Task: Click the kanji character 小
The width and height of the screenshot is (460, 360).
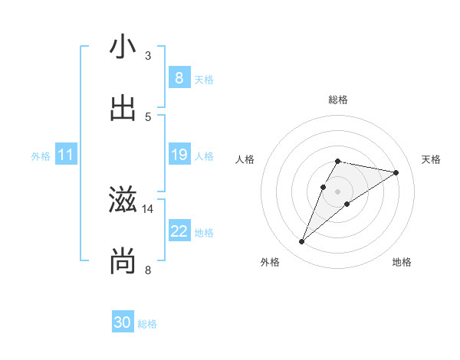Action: tap(123, 47)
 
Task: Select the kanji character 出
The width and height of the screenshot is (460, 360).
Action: tap(123, 109)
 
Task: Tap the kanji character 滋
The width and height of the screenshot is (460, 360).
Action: tap(123, 201)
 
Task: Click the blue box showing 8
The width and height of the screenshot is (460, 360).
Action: tap(179, 78)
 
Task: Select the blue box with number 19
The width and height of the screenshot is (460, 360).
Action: tap(179, 155)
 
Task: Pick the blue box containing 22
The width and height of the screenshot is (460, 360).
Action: tap(179, 232)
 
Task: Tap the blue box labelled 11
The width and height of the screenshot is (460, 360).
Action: tap(65, 155)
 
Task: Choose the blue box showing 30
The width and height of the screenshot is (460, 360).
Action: tap(123, 323)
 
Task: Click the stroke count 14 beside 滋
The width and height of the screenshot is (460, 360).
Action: tap(149, 208)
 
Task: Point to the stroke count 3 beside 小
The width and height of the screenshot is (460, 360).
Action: tap(148, 55)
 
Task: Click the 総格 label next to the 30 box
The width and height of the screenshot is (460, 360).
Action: tap(147, 324)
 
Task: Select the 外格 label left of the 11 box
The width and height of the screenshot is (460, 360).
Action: tap(41, 156)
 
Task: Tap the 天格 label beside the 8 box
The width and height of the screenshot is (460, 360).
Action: tap(204, 79)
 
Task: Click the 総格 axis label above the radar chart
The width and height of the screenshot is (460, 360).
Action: tap(338, 100)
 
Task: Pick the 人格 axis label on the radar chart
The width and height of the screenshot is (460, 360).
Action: tap(245, 159)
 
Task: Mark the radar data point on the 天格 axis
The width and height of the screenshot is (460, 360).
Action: tap(396, 172)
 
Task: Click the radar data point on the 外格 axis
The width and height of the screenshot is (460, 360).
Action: tap(302, 242)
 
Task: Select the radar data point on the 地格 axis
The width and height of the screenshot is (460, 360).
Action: tap(347, 204)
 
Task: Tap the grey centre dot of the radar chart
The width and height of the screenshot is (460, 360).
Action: tap(338, 191)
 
